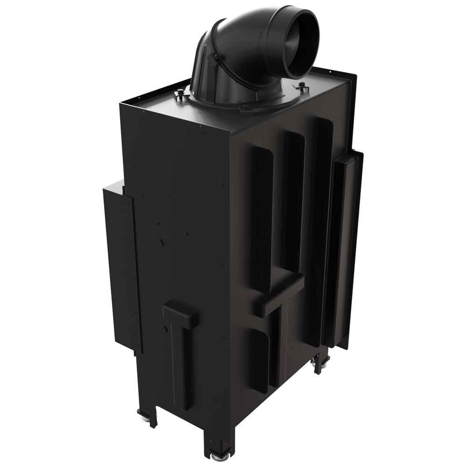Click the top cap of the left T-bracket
coord(180,313)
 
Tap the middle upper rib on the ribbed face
coord(292,201)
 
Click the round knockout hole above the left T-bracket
coord(160,243)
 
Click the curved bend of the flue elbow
coord(219,42)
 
